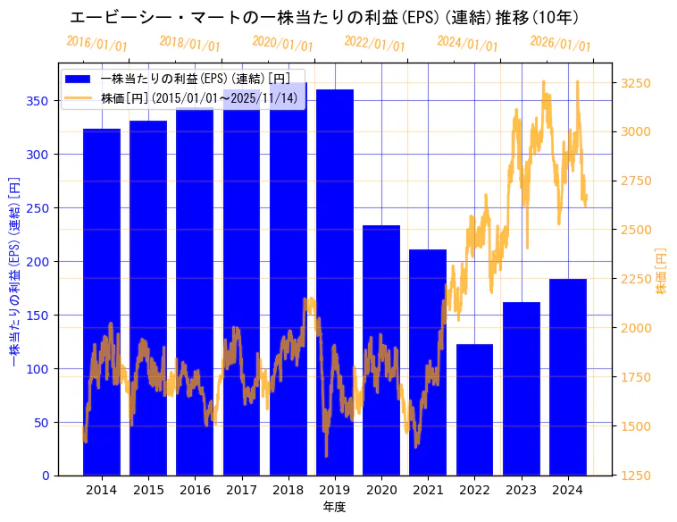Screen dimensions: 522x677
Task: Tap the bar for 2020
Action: pyautogui.click(x=381, y=349)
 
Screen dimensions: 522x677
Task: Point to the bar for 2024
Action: pyautogui.click(x=568, y=376)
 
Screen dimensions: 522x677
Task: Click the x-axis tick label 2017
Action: pyautogui.click(x=241, y=490)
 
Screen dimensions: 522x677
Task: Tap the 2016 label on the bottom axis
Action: pyautogui.click(x=195, y=490)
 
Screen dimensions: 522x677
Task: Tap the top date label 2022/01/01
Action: pyautogui.click(x=374, y=44)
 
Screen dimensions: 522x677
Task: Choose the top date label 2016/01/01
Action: pyautogui.click(x=96, y=44)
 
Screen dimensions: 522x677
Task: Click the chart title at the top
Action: pyautogui.click(x=324, y=18)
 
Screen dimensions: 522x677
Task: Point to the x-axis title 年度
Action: pyautogui.click(x=334, y=507)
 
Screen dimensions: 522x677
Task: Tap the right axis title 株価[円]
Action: pyautogui.click(x=662, y=271)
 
